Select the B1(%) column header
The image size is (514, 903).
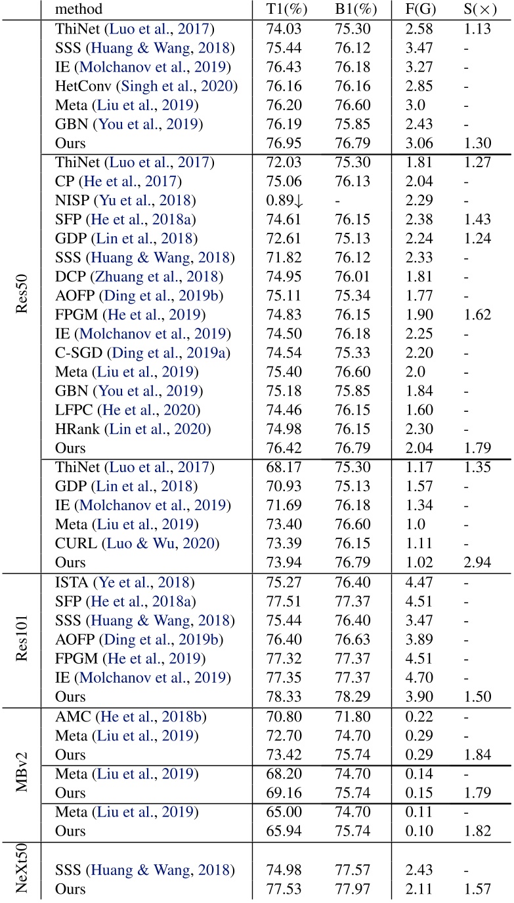(353, 9)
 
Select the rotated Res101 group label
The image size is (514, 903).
(21, 639)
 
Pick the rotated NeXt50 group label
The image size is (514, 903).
(21, 868)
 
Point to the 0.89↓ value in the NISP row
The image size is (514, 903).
(284, 200)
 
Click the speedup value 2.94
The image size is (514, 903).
(477, 562)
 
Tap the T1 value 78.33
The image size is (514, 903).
(282, 696)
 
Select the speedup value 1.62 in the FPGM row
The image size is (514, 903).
(477, 314)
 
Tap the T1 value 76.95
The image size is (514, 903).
(282, 143)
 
